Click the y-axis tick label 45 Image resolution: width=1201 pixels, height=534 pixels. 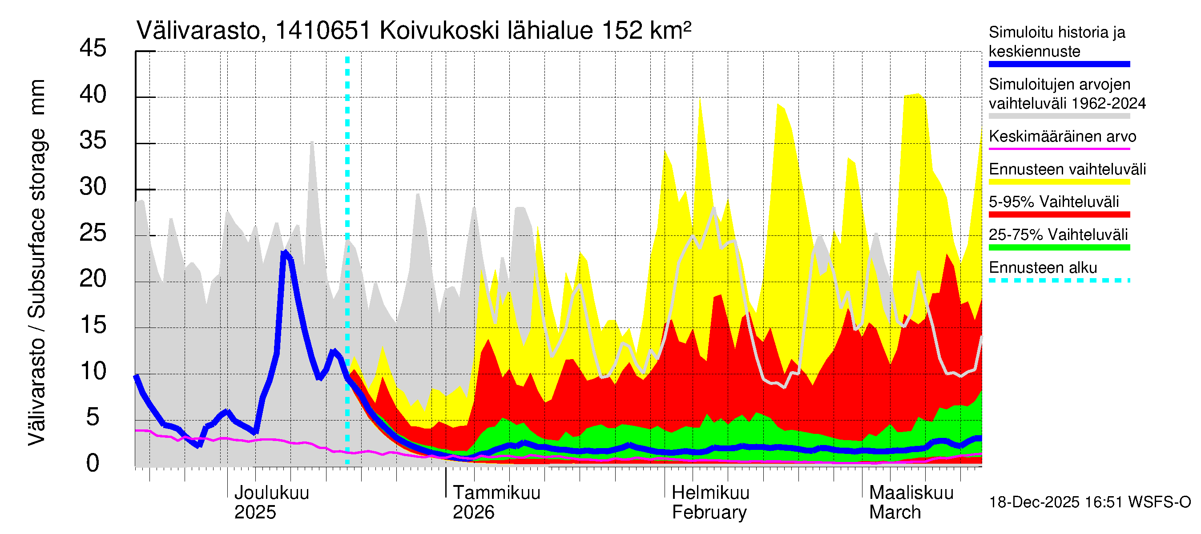[x=93, y=48]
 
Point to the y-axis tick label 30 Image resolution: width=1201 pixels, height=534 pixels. [x=93, y=186]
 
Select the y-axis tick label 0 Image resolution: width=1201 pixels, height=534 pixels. [x=93, y=463]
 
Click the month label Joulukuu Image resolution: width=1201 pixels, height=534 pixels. [x=271, y=493]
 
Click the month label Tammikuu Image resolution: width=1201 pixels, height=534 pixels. [x=496, y=493]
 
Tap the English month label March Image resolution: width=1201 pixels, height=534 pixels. [x=895, y=512]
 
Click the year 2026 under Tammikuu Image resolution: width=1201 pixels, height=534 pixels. [x=473, y=512]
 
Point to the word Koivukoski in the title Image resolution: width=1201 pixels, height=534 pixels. [x=439, y=31]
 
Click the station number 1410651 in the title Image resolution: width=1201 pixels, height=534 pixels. [x=322, y=31]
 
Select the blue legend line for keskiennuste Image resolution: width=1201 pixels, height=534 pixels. [x=1059, y=65]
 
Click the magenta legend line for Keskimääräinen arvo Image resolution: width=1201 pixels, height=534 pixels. [x=1059, y=149]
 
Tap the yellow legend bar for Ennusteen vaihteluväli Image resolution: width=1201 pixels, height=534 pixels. [x=1059, y=182]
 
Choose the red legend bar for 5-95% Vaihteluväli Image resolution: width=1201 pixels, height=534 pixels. [x=1059, y=214]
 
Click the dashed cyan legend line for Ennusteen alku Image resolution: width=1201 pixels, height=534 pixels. [x=1059, y=280]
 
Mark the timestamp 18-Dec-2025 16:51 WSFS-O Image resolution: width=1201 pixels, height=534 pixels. [x=1089, y=502]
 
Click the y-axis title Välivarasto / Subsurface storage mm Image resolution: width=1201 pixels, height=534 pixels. [x=37, y=262]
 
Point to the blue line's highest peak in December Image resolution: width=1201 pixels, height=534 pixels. [x=285, y=252]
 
